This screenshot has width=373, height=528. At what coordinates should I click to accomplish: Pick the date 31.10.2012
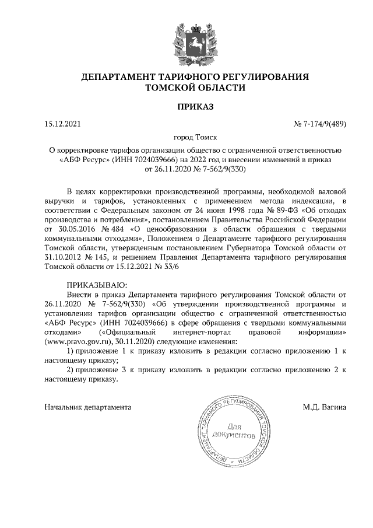coord(62,256)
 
